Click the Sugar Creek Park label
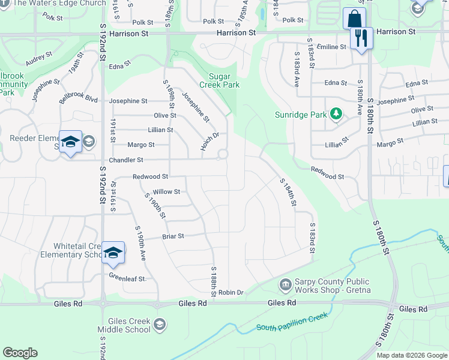(224, 80)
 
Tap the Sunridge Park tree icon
(336, 113)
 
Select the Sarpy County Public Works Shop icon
(285, 283)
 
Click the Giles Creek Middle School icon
(160, 325)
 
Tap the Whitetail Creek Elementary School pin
(113, 253)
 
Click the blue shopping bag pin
(354, 18)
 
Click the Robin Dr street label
(231, 292)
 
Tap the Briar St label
(173, 236)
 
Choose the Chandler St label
(125, 160)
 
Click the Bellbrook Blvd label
(78, 98)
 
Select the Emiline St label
(331, 47)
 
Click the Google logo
(20, 353)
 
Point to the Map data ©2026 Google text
(411, 355)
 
